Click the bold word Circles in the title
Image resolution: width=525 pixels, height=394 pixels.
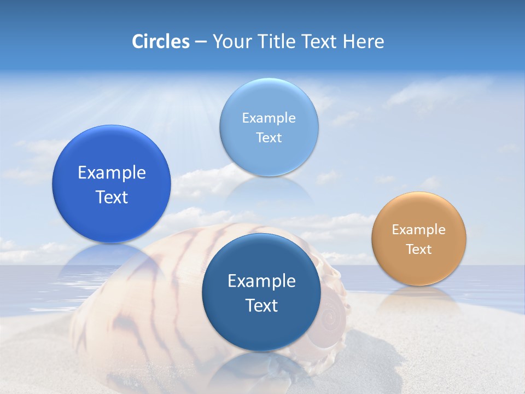tap(161, 42)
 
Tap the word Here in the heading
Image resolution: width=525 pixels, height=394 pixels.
tap(363, 42)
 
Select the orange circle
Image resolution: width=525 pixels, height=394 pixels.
tap(419, 239)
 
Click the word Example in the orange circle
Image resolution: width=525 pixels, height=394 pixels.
tap(419, 230)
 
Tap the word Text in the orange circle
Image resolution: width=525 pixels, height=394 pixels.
tap(419, 250)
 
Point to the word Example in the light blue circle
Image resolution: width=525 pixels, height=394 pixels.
tap(269, 118)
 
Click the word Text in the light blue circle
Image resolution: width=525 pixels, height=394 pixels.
tap(269, 138)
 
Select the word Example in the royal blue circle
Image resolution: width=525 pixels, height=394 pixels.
tap(112, 173)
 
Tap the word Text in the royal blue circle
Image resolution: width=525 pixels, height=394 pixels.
tap(112, 197)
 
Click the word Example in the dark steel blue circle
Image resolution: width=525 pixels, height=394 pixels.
tap(261, 281)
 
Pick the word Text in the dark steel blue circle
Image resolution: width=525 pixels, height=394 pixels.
tap(261, 305)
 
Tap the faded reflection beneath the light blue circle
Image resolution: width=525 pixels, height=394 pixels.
tap(269, 189)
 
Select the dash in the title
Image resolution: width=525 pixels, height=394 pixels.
tap(201, 42)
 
